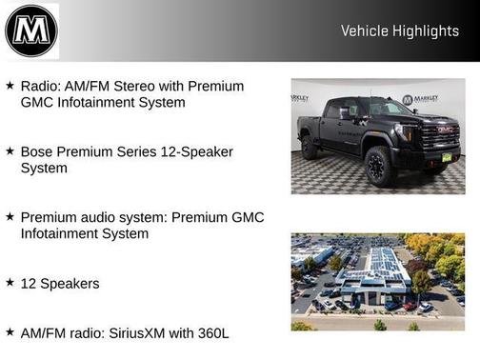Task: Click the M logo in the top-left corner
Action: pos(31,30)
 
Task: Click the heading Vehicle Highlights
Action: pos(399,31)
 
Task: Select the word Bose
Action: pos(38,151)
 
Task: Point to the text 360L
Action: pos(212,332)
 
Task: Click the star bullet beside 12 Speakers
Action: pos(10,283)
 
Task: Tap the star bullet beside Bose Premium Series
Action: pos(10,151)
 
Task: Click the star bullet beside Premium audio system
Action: pos(10,217)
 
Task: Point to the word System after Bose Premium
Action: pos(44,168)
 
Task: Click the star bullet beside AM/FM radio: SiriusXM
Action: pos(10,332)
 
